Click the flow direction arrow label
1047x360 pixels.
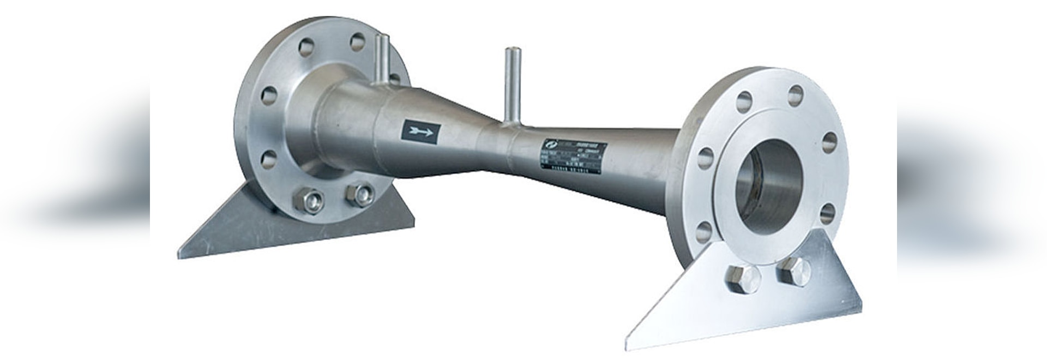point(421,131)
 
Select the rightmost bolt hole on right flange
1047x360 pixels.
point(829,142)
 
